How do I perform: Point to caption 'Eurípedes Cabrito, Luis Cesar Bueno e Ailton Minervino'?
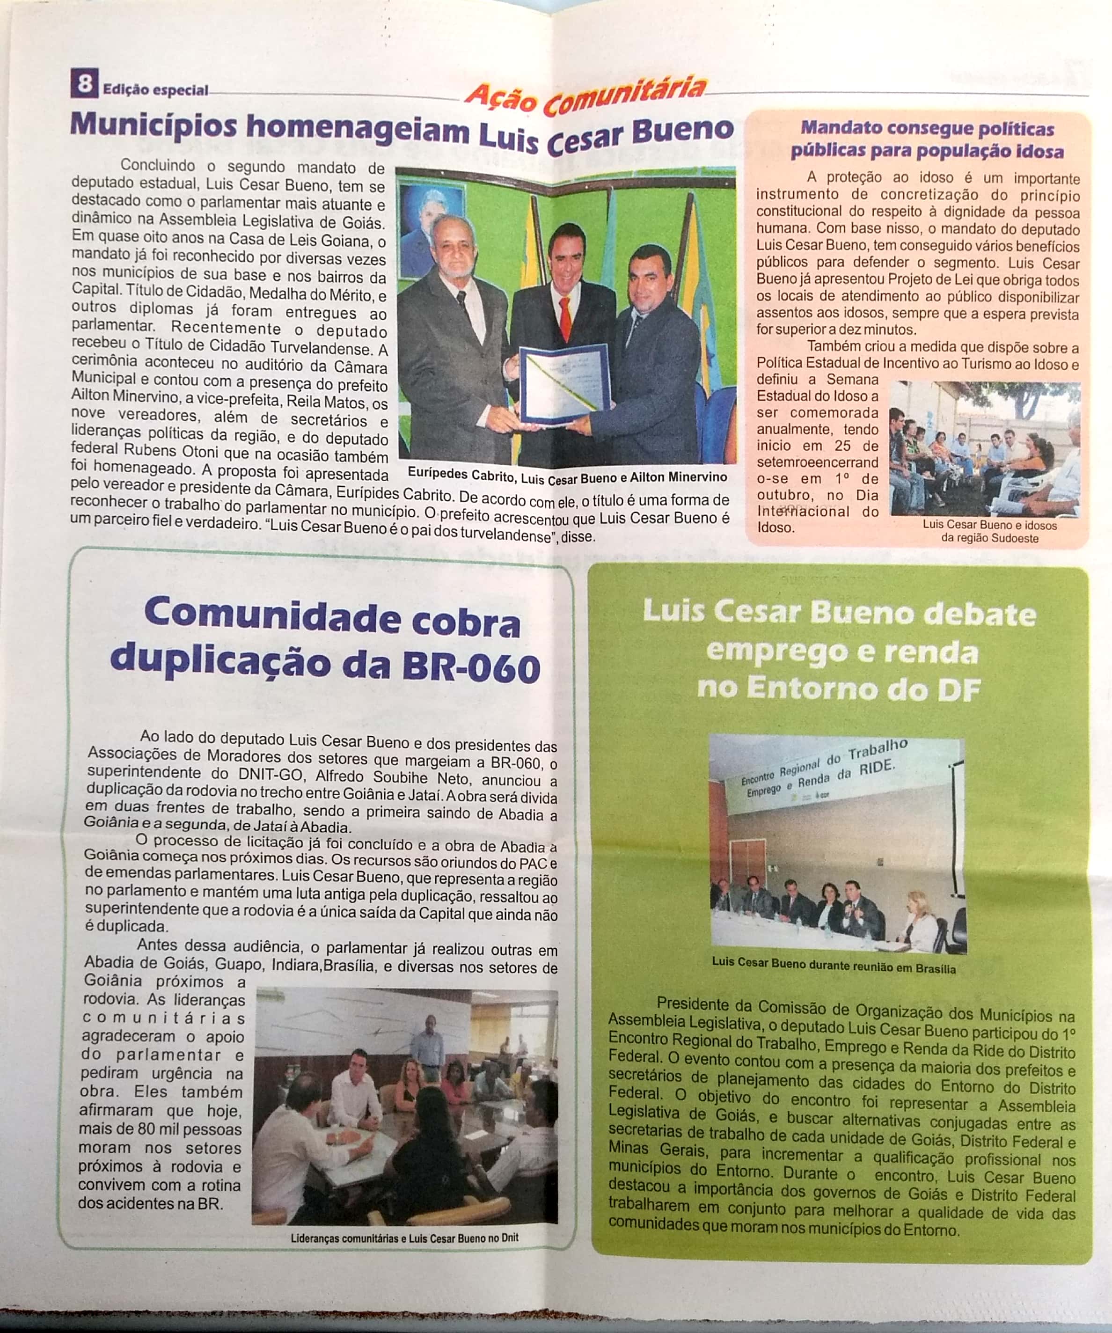click(567, 476)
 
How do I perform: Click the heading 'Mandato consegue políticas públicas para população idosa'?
click(927, 139)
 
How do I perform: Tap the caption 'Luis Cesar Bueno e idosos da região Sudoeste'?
click(989, 532)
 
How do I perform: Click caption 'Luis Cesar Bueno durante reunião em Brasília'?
click(834, 969)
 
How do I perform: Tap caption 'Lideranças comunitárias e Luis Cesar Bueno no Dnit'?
click(404, 1238)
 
